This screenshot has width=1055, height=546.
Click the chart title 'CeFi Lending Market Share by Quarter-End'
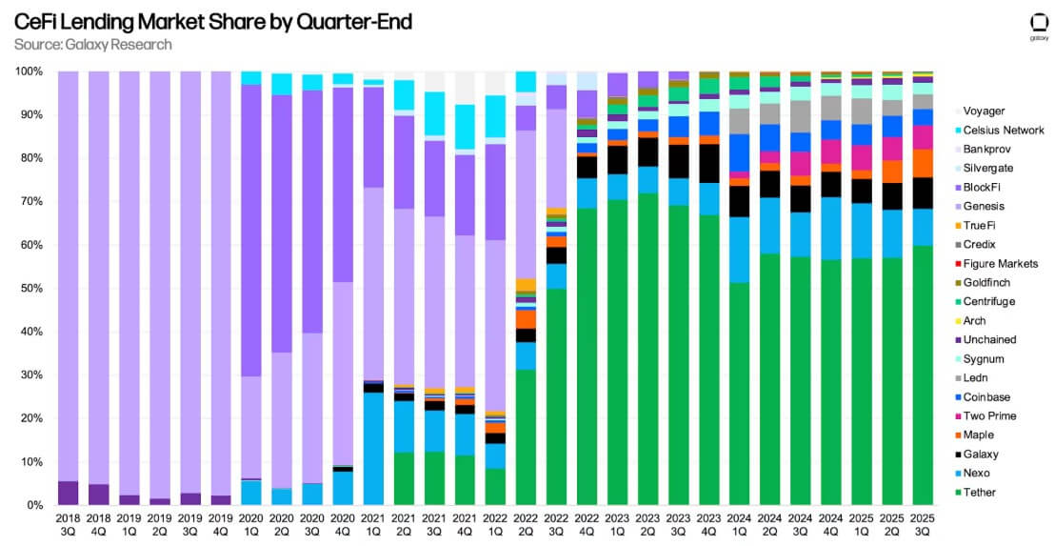click(213, 21)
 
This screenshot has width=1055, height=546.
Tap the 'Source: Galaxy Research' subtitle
click(93, 45)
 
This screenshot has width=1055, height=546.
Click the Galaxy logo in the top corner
click(1039, 26)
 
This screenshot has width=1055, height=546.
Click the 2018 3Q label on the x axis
click(68, 524)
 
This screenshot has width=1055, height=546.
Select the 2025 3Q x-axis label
click(922, 524)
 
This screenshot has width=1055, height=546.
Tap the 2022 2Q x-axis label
click(525, 524)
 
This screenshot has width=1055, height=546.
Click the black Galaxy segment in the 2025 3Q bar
click(922, 192)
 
